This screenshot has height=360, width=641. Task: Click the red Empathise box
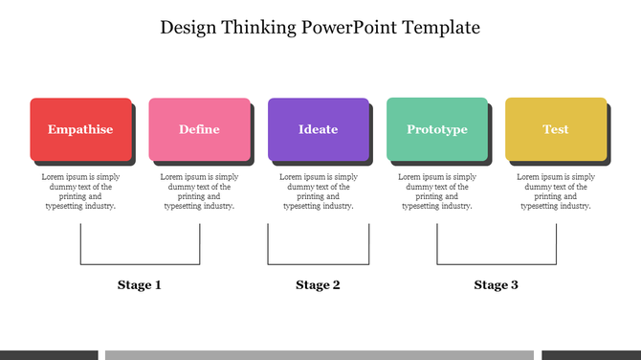[80, 129]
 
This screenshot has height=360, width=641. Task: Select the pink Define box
[199, 129]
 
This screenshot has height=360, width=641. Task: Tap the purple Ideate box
[318, 129]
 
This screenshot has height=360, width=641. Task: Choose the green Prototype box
[437, 129]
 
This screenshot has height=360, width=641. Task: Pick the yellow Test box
[556, 129]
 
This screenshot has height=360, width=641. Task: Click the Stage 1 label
[140, 285]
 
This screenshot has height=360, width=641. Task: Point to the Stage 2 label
[318, 285]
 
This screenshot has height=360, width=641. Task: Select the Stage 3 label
[497, 285]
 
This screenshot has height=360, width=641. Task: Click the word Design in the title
[190, 27]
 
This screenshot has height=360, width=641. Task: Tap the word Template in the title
[438, 27]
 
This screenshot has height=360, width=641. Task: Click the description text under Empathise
[80, 191]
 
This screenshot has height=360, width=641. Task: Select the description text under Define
[199, 191]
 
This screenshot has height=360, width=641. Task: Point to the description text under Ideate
[318, 191]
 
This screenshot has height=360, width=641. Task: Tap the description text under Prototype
[437, 191]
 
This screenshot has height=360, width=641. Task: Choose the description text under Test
[556, 191]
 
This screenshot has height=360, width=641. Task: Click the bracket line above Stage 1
[140, 264]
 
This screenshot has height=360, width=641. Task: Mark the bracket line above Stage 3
[497, 264]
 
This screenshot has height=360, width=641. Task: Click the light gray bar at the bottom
[319, 355]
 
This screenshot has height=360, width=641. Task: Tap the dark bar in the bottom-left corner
[48, 355]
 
